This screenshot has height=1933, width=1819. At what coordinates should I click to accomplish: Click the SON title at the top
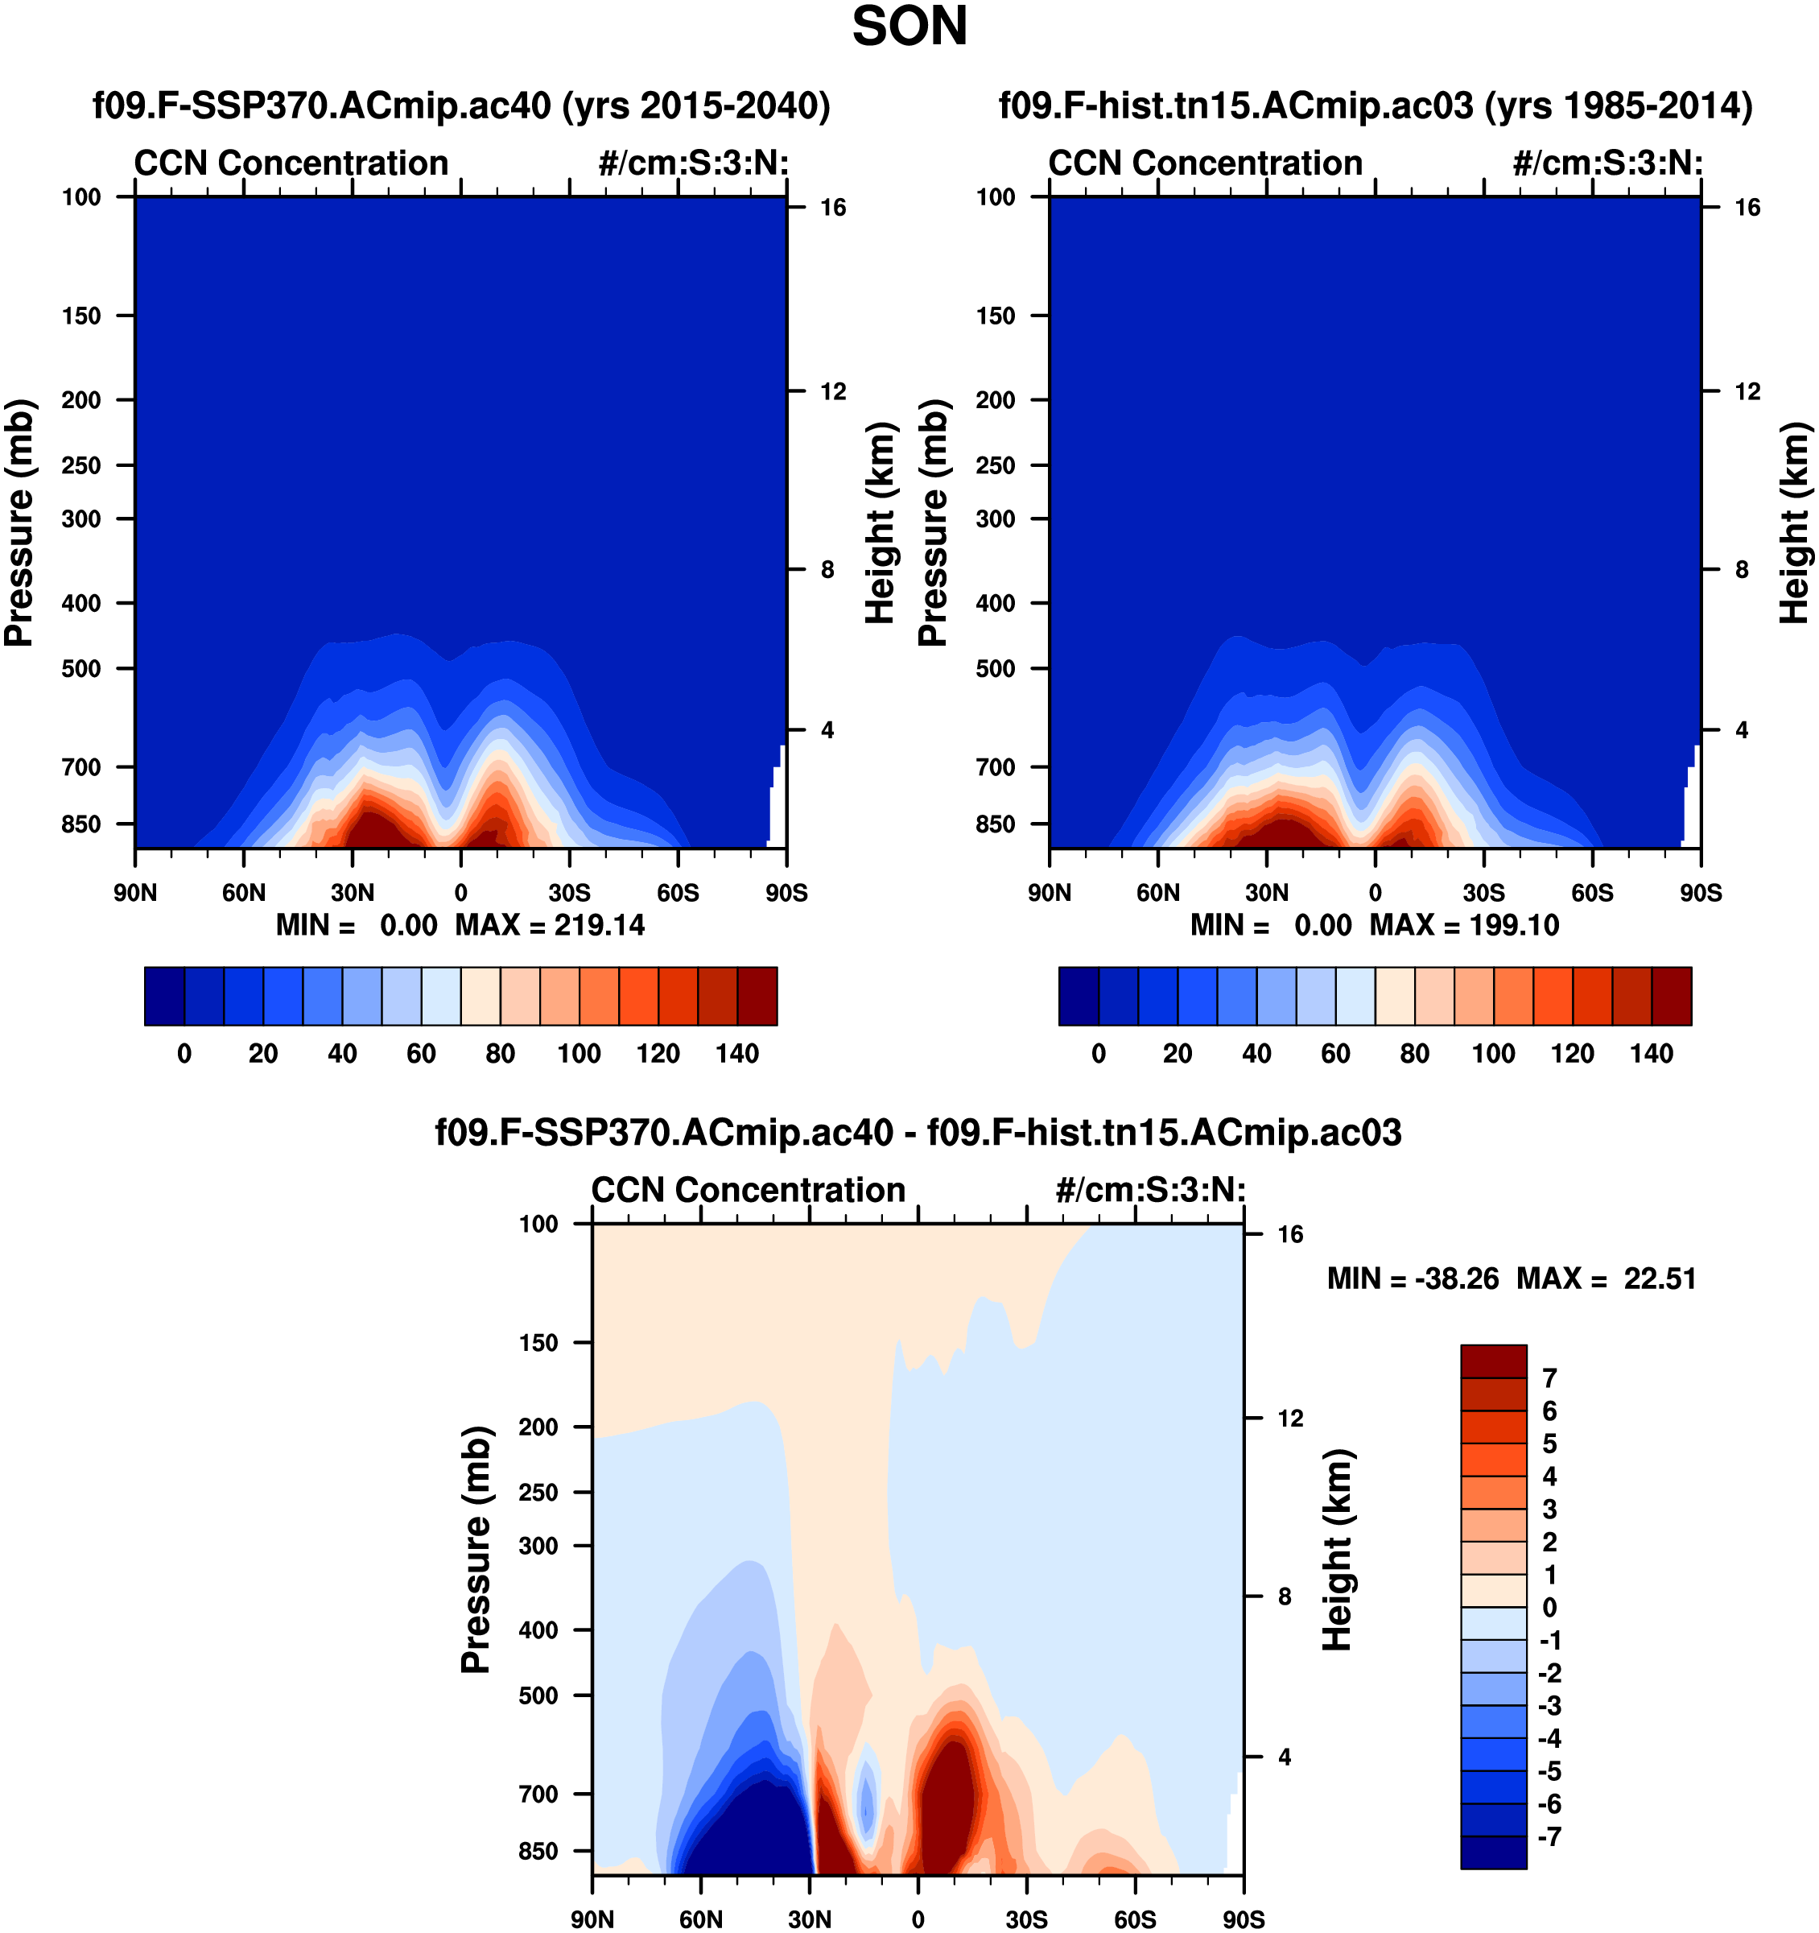(x=909, y=27)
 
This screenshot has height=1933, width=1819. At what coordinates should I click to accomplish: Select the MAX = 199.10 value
(x=1464, y=925)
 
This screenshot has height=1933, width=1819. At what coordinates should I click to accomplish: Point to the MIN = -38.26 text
(x=1413, y=1278)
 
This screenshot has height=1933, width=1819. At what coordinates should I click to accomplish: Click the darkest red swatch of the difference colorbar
(x=1493, y=1361)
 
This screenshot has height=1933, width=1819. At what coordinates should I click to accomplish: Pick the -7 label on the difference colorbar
(x=1549, y=1836)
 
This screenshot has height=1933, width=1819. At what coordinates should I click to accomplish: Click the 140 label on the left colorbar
(x=737, y=1053)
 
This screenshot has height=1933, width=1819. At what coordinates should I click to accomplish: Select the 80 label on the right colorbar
(x=1415, y=1053)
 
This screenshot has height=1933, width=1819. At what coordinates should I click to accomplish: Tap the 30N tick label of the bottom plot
(x=809, y=1919)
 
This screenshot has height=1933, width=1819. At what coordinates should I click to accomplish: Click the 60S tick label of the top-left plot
(x=678, y=893)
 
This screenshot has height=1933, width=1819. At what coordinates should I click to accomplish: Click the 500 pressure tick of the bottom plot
(x=539, y=1695)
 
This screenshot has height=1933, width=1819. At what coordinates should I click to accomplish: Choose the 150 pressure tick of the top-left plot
(x=81, y=316)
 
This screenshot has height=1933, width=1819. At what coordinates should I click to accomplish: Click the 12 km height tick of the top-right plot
(x=1747, y=392)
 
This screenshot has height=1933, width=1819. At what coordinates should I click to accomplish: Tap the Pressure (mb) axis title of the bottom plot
(x=476, y=1550)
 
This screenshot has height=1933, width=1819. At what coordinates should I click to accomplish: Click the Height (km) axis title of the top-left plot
(x=879, y=523)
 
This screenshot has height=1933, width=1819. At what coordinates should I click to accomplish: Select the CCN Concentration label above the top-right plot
(x=1206, y=163)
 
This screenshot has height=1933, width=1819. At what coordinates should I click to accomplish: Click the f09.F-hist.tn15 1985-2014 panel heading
(x=1376, y=105)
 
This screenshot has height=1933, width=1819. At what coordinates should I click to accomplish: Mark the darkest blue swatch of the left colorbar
(x=164, y=996)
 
